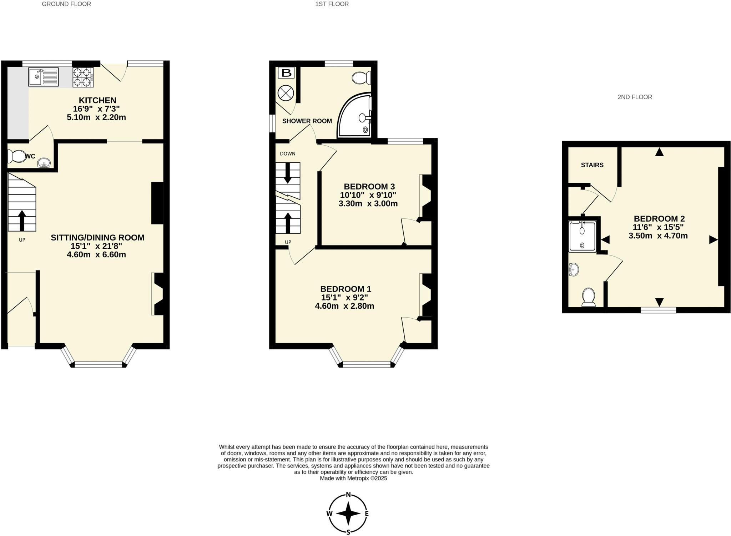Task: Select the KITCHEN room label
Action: pyautogui.click(x=97, y=100)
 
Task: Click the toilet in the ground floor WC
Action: pyautogui.click(x=16, y=156)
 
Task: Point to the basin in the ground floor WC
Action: pyautogui.click(x=44, y=163)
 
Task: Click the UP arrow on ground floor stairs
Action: pyautogui.click(x=22, y=221)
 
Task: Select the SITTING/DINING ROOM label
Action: pyautogui.click(x=97, y=238)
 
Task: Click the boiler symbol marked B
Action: pyautogui.click(x=286, y=73)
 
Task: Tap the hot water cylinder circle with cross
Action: pyautogui.click(x=286, y=93)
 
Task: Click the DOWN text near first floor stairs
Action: pyautogui.click(x=288, y=154)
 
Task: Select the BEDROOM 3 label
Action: pyautogui.click(x=369, y=187)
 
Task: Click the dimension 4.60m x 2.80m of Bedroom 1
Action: pyautogui.click(x=344, y=306)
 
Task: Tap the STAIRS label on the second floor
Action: pyautogui.click(x=592, y=165)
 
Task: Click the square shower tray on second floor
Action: pyautogui.click(x=582, y=237)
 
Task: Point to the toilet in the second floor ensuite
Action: pyautogui.click(x=589, y=298)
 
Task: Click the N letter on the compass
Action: pyautogui.click(x=348, y=495)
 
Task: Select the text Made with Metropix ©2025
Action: pyautogui.click(x=353, y=479)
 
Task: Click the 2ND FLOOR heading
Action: pyautogui.click(x=635, y=97)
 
